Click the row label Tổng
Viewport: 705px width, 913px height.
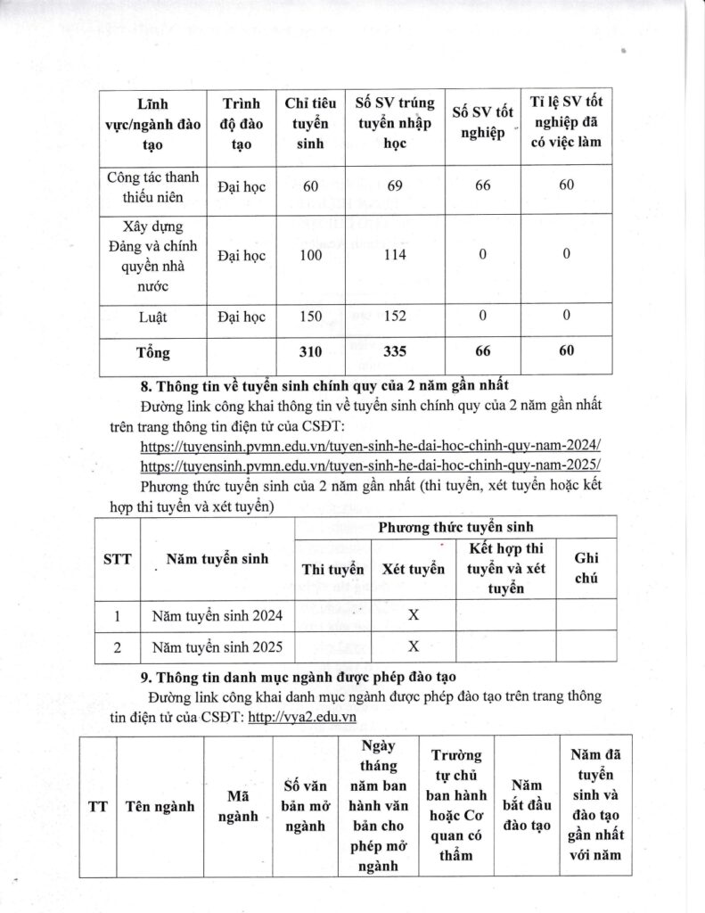(x=152, y=352)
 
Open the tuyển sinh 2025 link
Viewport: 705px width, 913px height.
(x=371, y=465)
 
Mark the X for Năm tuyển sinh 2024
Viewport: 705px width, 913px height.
(x=414, y=614)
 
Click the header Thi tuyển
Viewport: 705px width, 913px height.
(x=333, y=569)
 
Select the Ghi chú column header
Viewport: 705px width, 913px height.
(x=586, y=568)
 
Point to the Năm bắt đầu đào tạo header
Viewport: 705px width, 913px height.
(x=522, y=806)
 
